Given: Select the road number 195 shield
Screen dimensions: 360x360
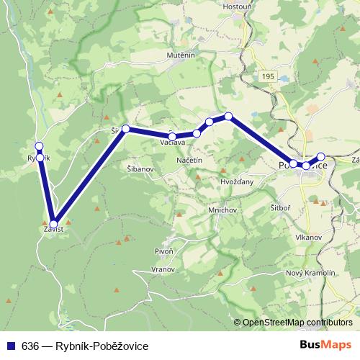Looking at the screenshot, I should tap(268, 76).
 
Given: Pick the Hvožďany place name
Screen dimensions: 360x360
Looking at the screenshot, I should tap(238, 182).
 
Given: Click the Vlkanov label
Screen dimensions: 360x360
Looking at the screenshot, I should tap(307, 236).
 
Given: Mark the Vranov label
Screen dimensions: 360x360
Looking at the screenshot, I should tap(165, 269).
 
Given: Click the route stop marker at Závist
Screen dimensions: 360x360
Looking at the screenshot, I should tap(53, 224).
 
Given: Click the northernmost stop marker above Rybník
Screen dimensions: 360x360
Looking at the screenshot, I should tap(39, 145).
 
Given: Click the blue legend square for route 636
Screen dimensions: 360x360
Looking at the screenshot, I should tap(9, 346).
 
